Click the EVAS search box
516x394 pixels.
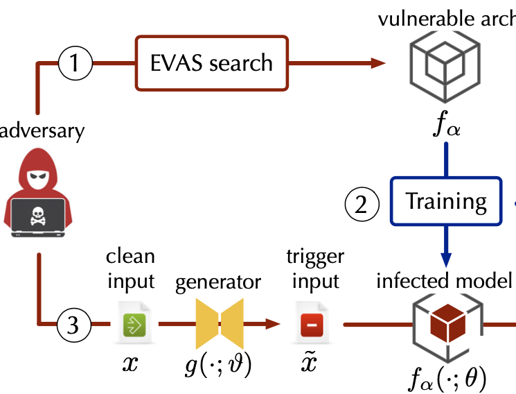click(x=212, y=64)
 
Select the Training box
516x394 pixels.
click(x=446, y=202)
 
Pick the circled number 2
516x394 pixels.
click(x=362, y=203)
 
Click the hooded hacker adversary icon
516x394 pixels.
click(x=39, y=194)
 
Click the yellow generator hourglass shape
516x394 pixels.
click(x=220, y=323)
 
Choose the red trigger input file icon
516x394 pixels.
click(x=313, y=324)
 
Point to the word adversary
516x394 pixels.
click(x=42, y=130)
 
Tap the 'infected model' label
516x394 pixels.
click(x=443, y=281)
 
